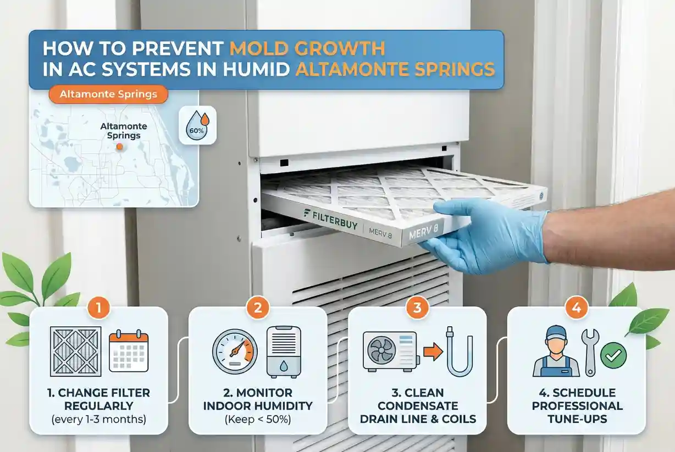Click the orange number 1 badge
(98, 308)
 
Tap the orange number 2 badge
(258, 308)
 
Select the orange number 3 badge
(417, 308)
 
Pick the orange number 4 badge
(577, 308)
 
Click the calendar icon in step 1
(129, 351)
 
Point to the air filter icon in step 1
(76, 351)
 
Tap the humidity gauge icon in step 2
(235, 351)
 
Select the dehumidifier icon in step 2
(284, 351)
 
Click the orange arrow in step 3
(433, 351)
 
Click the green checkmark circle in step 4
(613, 355)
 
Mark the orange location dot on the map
(120, 147)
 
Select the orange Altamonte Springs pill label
(108, 94)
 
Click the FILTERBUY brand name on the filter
(330, 219)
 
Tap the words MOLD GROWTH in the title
(307, 48)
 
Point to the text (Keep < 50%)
(258, 419)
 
